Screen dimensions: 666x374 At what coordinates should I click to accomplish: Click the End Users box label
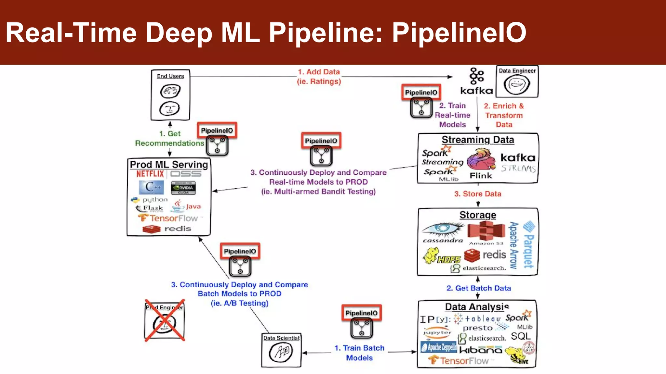(x=170, y=76)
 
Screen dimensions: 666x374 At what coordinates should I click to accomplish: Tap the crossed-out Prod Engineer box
(x=165, y=320)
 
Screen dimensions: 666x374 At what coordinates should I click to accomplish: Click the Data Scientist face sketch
(x=281, y=353)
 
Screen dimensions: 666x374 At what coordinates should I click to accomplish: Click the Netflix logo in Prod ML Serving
(x=150, y=174)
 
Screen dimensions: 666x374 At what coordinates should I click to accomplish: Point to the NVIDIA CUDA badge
(x=183, y=188)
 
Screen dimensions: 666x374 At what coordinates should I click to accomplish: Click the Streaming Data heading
(x=478, y=140)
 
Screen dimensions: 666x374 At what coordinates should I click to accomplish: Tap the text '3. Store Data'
(x=477, y=194)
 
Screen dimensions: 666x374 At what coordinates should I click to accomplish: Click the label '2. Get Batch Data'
(x=479, y=288)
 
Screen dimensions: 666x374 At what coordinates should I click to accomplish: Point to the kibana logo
(x=481, y=350)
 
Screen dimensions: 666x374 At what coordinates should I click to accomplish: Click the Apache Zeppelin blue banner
(x=439, y=347)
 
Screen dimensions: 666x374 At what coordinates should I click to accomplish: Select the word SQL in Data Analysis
(x=520, y=336)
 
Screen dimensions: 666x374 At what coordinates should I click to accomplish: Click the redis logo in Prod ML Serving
(x=166, y=229)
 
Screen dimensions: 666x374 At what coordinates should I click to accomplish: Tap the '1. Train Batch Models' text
(x=359, y=353)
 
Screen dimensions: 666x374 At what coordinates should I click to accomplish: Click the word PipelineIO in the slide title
(x=459, y=32)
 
